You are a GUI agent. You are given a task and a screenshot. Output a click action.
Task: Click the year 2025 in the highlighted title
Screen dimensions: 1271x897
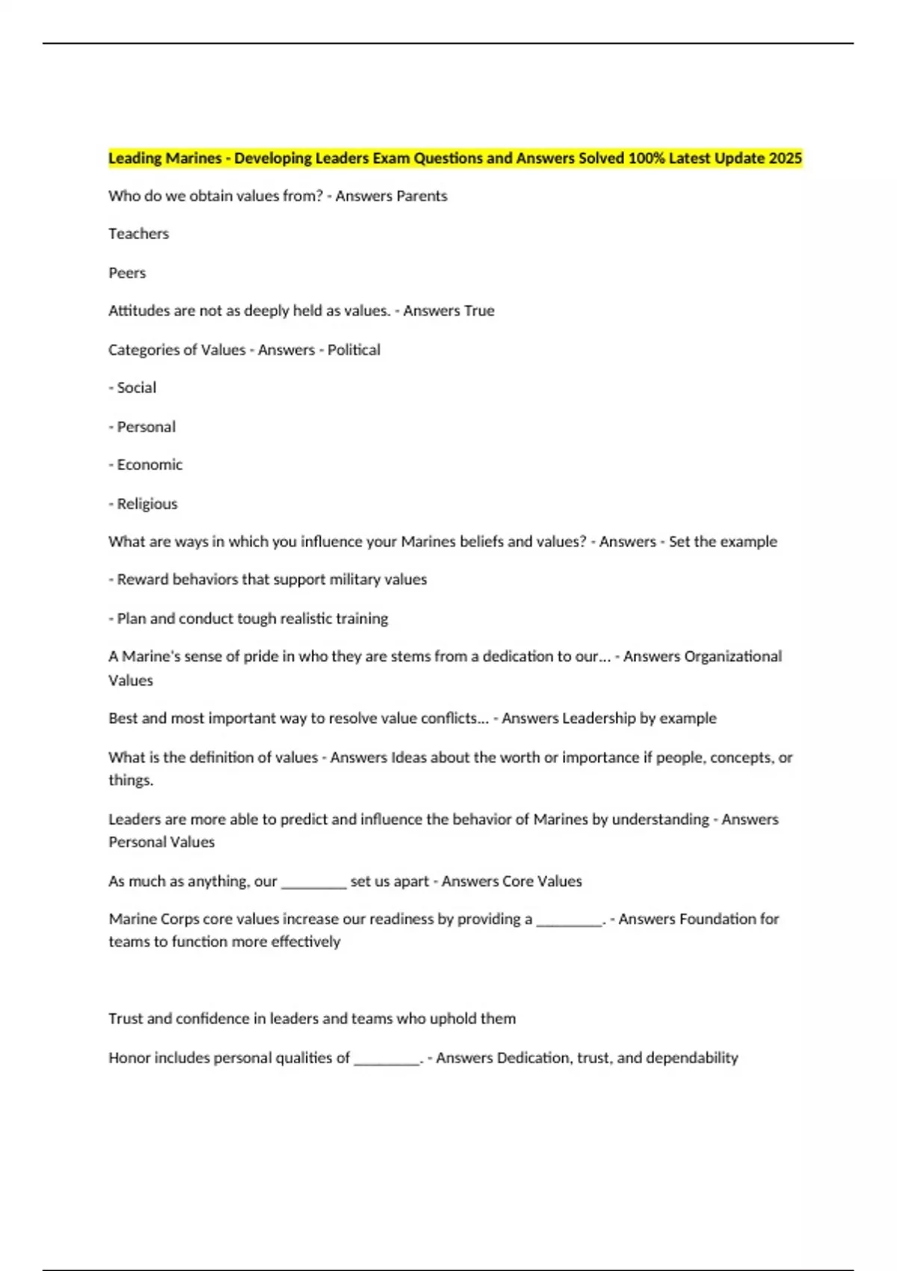point(786,159)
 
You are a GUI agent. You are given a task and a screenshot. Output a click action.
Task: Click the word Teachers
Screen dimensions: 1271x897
point(138,234)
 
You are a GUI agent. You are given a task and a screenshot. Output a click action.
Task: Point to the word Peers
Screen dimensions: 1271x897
point(127,273)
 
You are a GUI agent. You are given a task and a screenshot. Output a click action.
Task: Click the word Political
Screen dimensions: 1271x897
point(354,350)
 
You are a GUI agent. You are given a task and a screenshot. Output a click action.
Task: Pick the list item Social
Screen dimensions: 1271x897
point(136,388)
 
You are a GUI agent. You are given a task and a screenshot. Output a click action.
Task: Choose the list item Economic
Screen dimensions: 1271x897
point(149,465)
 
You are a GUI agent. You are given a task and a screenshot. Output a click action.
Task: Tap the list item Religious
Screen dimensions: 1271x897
point(147,504)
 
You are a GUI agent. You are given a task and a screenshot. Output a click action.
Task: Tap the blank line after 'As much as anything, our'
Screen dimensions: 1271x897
point(313,883)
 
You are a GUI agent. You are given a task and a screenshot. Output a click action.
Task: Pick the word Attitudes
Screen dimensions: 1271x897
point(138,311)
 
